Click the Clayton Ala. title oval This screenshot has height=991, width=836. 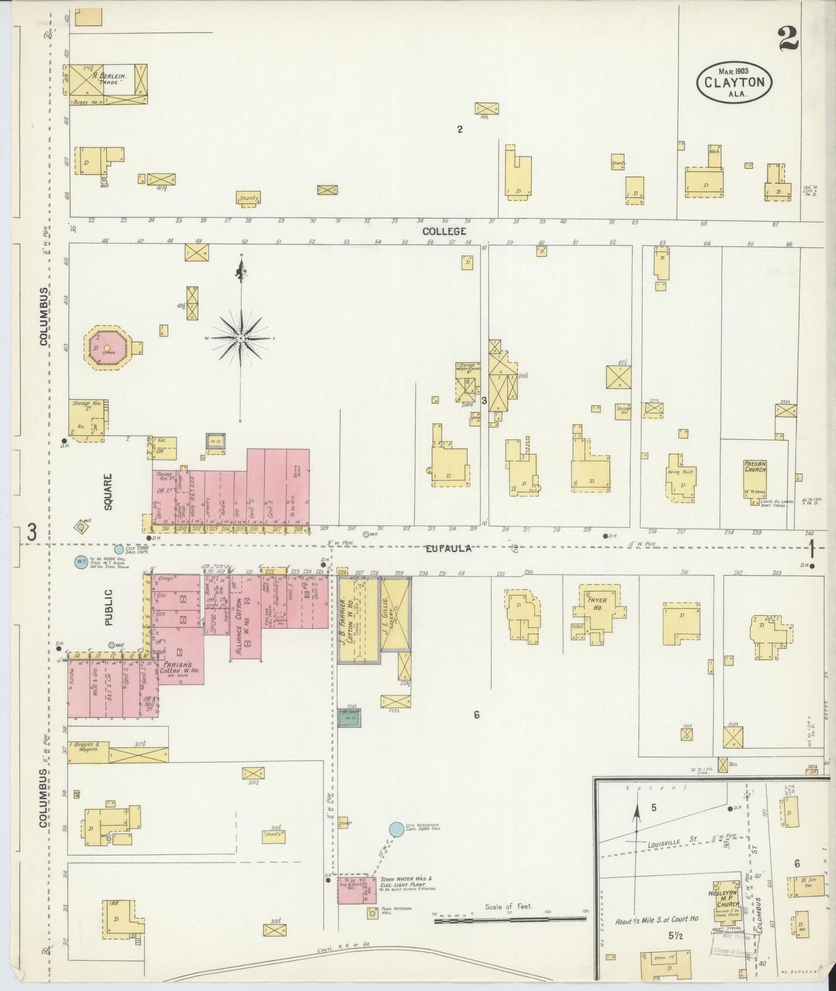pos(734,82)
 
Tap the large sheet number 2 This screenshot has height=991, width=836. pos(788,39)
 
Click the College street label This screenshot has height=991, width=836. pos(444,231)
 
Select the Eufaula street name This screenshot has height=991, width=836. pos(448,548)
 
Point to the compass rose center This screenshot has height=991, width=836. pos(241,337)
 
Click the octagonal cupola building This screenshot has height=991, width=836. pos(107,347)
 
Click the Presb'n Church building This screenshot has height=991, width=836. pos(755,478)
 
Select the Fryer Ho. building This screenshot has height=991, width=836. pos(598,611)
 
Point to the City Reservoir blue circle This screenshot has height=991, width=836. pos(396,829)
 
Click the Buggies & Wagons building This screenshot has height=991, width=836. pos(87,753)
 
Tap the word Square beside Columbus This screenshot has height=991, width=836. pos(108,491)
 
